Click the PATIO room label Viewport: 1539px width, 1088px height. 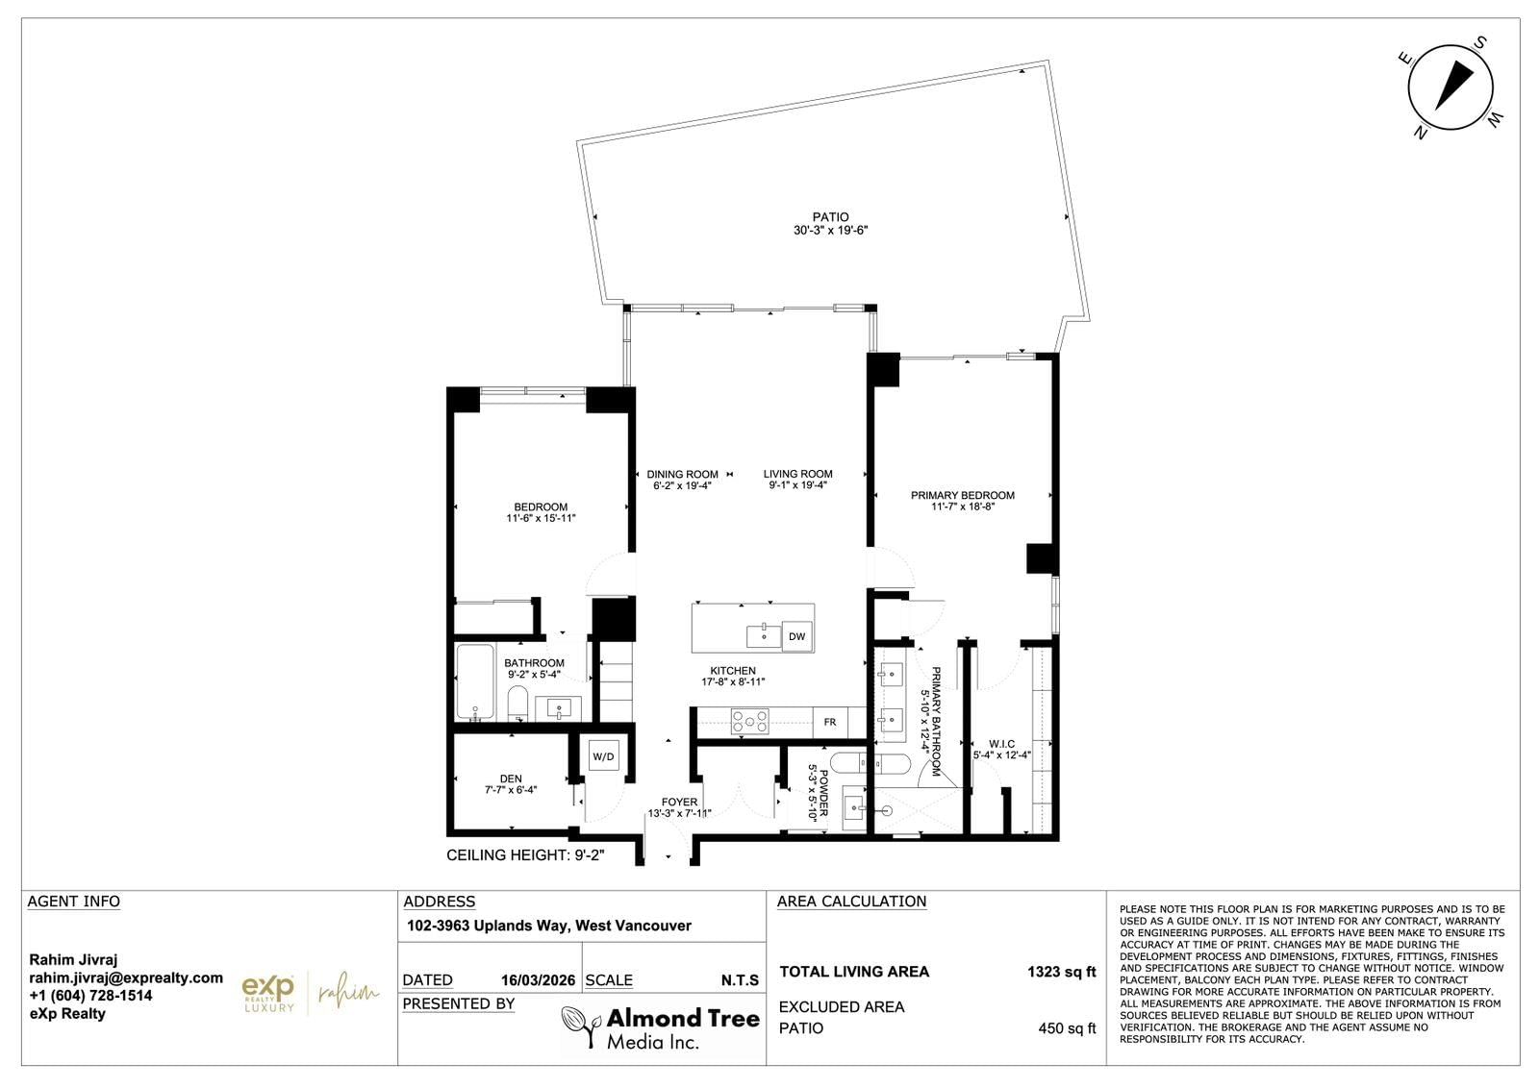pyautogui.click(x=831, y=217)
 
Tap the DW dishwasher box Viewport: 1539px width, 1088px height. pyautogui.click(x=797, y=636)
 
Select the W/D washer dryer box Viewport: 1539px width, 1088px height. pyautogui.click(x=603, y=756)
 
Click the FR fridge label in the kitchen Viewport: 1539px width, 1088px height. pyautogui.click(x=830, y=722)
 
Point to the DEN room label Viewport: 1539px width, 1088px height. pyautogui.click(x=511, y=779)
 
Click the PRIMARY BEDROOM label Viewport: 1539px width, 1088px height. pyautogui.click(x=963, y=495)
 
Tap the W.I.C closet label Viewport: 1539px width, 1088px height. pyautogui.click(x=1001, y=743)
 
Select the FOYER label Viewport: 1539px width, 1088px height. pyautogui.click(x=679, y=802)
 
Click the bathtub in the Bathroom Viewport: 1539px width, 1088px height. pyautogui.click(x=475, y=681)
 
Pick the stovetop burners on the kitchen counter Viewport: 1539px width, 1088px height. pyautogui.click(x=749, y=722)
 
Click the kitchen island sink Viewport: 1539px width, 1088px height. pyautogui.click(x=764, y=635)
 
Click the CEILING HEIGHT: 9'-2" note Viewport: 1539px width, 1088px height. pyautogui.click(x=525, y=855)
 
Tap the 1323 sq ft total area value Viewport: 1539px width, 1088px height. pyautogui.click(x=1062, y=972)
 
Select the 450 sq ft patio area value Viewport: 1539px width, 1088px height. pyautogui.click(x=1067, y=1027)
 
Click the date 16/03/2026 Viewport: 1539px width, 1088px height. pyautogui.click(x=538, y=980)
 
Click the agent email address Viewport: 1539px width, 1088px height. pyautogui.click(x=126, y=977)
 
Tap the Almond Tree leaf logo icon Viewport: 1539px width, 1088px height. pyautogui.click(x=580, y=1026)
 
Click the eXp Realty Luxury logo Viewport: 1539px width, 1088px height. pyautogui.click(x=268, y=994)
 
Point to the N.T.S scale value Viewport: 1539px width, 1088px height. pyautogui.click(x=740, y=980)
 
